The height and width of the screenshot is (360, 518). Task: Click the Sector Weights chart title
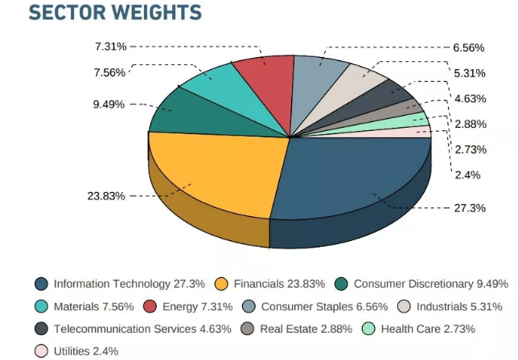click(x=115, y=13)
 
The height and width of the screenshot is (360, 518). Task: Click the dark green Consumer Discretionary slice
click(x=181, y=112)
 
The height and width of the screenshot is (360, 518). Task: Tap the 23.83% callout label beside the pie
click(x=106, y=196)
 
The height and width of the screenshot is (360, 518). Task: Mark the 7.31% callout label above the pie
click(x=110, y=47)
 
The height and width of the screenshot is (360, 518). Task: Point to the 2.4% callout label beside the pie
click(x=467, y=174)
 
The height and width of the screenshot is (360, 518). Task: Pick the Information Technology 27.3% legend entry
click(x=120, y=284)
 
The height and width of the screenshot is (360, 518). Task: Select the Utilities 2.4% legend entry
click(x=77, y=351)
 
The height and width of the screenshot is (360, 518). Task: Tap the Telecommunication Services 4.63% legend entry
click(x=134, y=329)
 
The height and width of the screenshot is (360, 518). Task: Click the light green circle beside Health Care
click(x=368, y=329)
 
